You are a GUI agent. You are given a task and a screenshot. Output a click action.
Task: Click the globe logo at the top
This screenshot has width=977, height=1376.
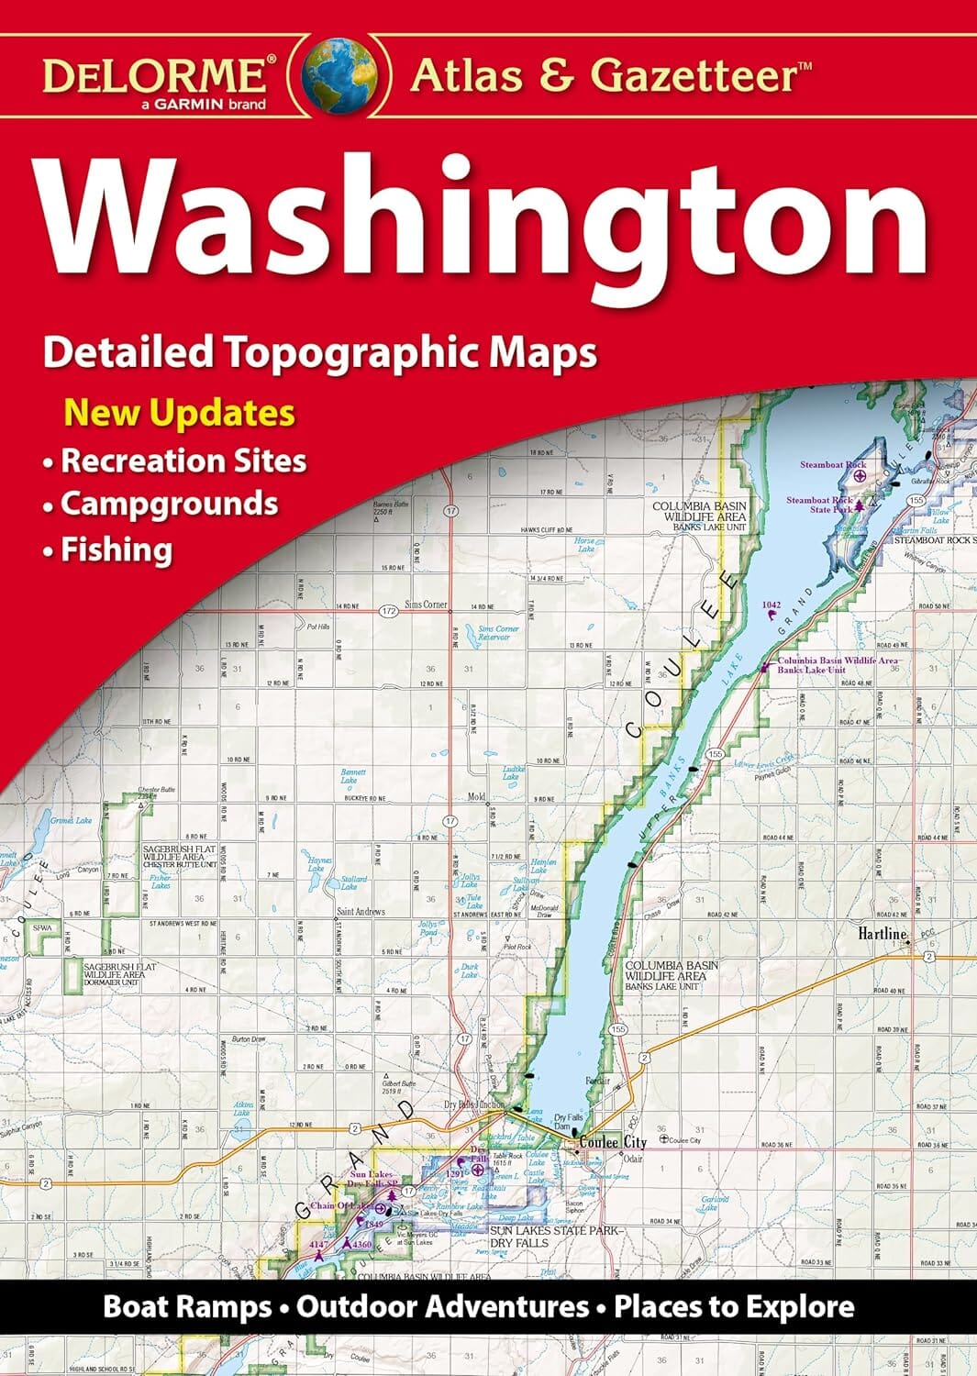tap(340, 72)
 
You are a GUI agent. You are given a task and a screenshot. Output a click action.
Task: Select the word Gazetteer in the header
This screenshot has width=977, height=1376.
tap(701, 75)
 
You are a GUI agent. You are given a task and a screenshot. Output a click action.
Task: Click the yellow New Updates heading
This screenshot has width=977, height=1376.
tap(179, 413)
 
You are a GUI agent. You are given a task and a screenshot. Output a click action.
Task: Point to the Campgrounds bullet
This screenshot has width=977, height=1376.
tap(169, 504)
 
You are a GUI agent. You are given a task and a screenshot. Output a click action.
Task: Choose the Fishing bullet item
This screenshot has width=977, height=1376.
tap(117, 549)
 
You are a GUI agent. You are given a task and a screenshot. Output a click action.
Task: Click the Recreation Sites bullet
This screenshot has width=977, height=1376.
tap(183, 460)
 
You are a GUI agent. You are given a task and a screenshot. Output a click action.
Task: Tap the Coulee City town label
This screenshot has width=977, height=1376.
tap(612, 1142)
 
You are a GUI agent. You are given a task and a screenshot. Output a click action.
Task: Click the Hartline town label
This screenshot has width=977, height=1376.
tap(882, 934)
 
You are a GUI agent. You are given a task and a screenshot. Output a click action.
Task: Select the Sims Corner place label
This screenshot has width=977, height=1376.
tap(426, 605)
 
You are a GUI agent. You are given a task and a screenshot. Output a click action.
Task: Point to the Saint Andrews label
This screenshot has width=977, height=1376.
tap(361, 911)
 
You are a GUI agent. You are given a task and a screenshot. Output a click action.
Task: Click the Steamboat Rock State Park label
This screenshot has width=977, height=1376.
tap(819, 505)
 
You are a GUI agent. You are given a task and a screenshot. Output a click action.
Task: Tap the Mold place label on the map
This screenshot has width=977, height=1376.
tap(475, 797)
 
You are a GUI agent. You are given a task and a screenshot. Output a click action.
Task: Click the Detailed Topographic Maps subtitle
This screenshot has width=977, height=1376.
tap(320, 352)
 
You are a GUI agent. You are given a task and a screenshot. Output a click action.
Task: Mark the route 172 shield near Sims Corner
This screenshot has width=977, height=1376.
tap(387, 609)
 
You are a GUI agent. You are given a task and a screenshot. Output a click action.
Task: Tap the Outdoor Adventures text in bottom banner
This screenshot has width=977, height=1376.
tap(442, 1306)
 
